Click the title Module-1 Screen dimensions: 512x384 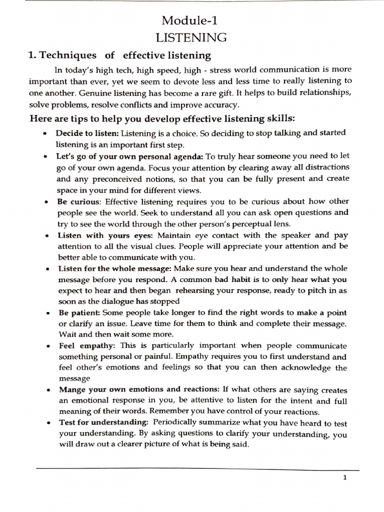[x=190, y=20]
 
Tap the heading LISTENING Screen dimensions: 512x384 [x=190, y=37]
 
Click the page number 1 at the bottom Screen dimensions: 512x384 [x=345, y=477]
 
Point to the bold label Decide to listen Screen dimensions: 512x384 [x=87, y=133]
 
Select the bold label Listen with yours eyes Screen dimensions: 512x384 [x=100, y=235]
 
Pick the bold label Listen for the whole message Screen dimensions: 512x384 [x=114, y=268]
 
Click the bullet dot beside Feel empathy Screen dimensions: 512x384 [x=45, y=346]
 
